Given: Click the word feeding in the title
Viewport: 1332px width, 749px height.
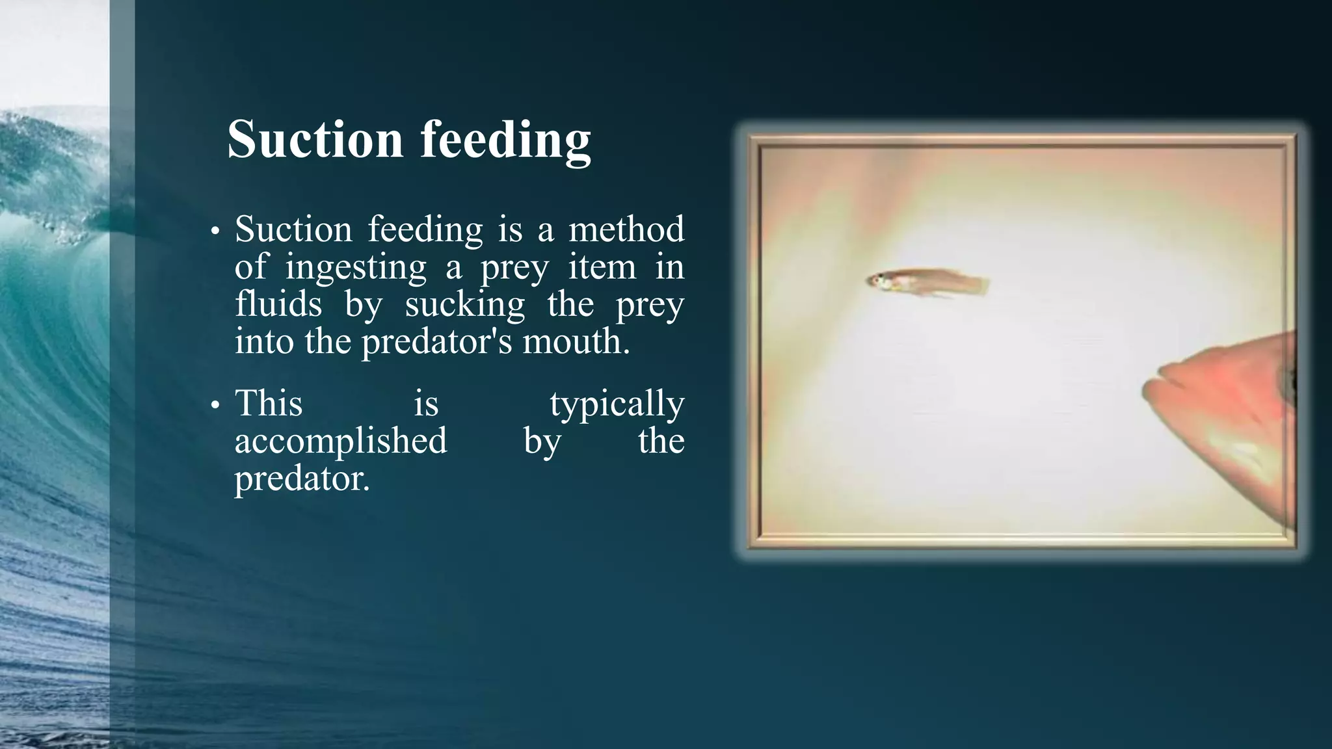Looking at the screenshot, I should point(505,140).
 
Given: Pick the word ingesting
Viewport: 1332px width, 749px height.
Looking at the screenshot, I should point(355,267).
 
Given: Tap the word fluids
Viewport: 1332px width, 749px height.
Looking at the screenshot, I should point(278,304).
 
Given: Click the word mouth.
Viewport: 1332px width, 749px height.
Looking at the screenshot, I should point(576,341).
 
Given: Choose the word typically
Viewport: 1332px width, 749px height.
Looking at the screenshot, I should point(617,404).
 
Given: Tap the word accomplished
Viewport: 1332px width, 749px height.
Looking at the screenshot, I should point(340,441).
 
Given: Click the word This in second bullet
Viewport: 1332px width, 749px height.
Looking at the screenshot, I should point(268,403).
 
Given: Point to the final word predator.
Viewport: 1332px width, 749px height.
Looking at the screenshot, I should point(301,479).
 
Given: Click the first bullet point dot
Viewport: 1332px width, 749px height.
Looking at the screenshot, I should point(215,232).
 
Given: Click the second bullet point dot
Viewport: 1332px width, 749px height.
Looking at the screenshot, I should point(215,406).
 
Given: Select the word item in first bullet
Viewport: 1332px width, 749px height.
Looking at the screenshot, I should point(602,267).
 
